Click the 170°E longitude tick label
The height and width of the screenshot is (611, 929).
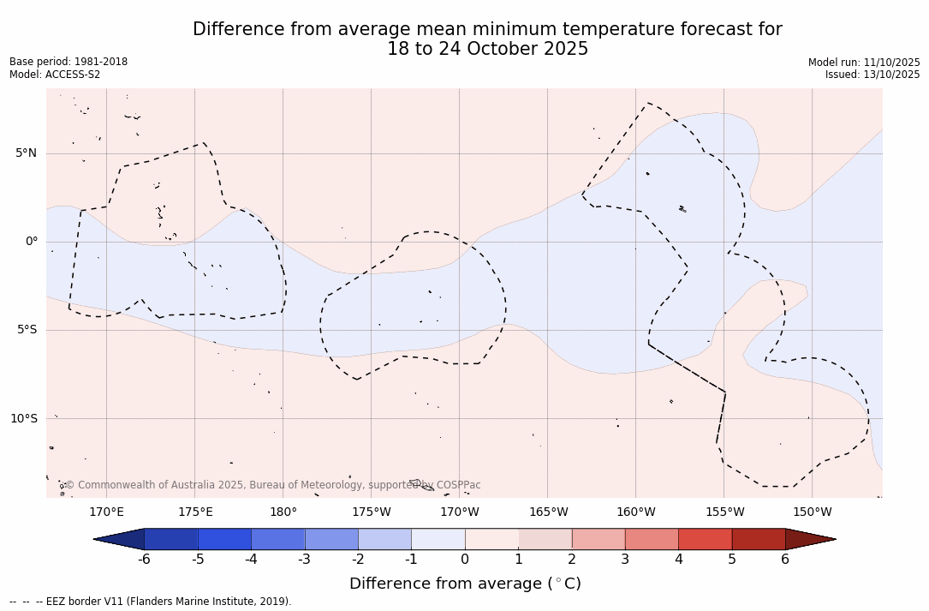[x=106, y=512]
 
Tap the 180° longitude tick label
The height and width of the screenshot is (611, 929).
[x=283, y=512]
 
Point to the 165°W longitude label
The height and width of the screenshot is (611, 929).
[x=548, y=512]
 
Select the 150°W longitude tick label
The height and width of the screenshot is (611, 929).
[x=812, y=512]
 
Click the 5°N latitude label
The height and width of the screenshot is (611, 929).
[x=26, y=153]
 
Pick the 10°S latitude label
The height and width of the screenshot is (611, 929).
[x=23, y=418]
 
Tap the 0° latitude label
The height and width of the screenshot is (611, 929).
[x=32, y=242]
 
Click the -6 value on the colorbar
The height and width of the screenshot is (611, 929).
[x=144, y=560]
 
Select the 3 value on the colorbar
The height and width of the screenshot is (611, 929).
[x=625, y=560]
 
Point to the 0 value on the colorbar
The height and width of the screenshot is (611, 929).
[x=465, y=560]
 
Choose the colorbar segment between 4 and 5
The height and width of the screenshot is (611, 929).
[x=705, y=539]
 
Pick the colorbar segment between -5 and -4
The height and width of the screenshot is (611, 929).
[x=224, y=539]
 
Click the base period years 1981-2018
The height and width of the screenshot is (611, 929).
[x=101, y=62]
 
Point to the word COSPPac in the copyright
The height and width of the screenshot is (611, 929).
[x=458, y=485]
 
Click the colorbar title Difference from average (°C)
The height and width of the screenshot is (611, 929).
[x=465, y=584]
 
